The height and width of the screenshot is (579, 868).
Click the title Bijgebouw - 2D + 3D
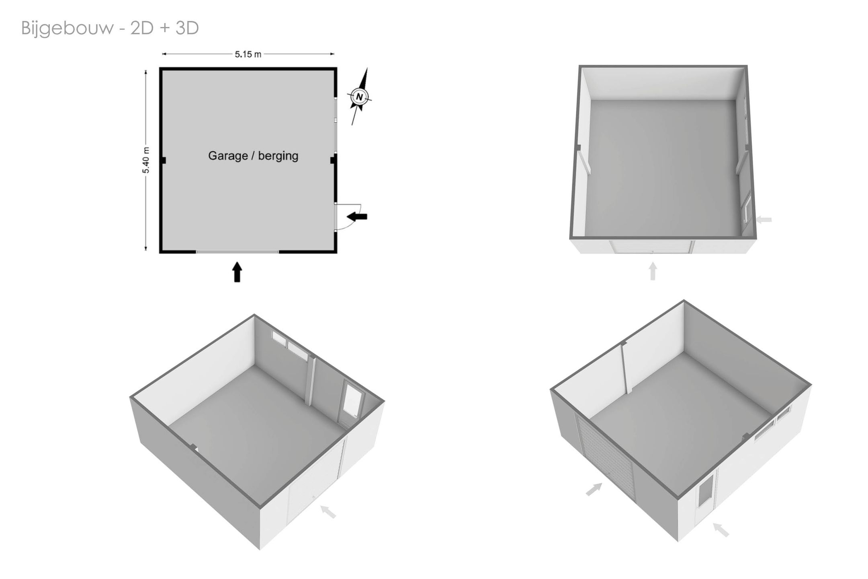110,29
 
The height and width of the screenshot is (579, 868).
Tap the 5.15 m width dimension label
248,54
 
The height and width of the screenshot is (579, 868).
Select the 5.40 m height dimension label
145,160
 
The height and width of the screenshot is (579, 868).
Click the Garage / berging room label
253,156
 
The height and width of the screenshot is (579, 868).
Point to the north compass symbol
359,97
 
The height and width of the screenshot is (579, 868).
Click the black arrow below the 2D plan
237,272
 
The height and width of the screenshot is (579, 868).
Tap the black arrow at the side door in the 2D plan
357,217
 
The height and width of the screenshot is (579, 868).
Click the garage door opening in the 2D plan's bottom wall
237,252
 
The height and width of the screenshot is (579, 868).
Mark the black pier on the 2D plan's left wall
163,160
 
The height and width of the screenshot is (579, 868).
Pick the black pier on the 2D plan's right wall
334,160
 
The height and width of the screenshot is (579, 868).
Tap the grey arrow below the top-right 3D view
653,271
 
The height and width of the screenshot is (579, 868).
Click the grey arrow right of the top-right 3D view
764,220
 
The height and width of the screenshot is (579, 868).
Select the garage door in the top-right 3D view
652,247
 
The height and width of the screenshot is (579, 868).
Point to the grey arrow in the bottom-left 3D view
328,512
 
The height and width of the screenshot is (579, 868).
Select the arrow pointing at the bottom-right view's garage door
594,489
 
